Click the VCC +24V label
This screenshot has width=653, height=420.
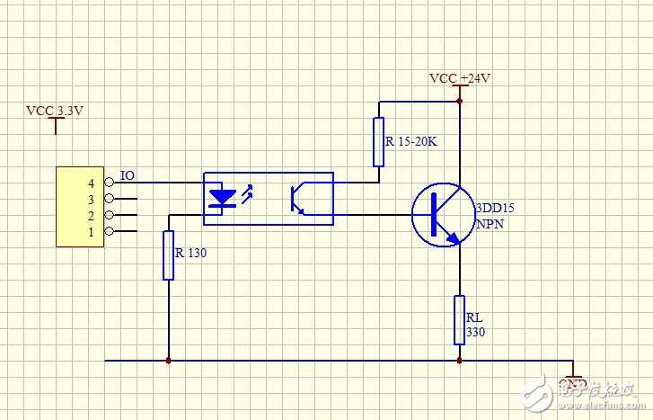[x=459, y=78]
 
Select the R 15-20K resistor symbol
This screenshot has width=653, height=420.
[x=378, y=142]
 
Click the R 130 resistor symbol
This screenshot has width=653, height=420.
[x=168, y=255]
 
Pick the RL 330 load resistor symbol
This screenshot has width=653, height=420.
[x=459, y=319]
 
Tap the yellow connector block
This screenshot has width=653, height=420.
[x=79, y=206]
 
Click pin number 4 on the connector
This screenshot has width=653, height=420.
[x=92, y=183]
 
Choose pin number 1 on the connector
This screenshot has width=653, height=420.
[x=92, y=232]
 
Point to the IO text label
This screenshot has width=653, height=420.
[x=127, y=175]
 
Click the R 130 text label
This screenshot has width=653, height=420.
[x=191, y=253]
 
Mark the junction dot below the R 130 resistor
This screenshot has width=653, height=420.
[x=168, y=361]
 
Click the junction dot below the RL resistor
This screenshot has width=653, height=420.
[x=459, y=361]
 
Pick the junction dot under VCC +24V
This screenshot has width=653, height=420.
[x=459, y=101]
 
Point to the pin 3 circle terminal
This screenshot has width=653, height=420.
[x=110, y=199]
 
